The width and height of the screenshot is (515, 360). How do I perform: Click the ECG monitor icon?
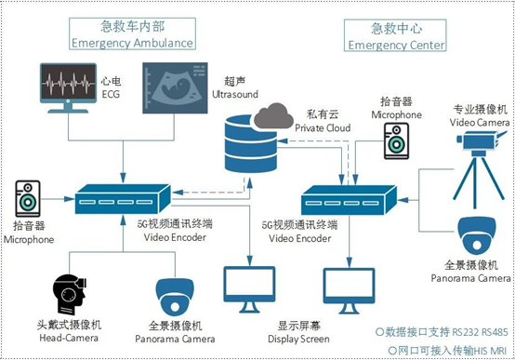pos(68,87)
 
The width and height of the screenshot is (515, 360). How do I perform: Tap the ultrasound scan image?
pos(175,87)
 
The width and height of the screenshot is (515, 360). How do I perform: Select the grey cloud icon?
pos(273,115)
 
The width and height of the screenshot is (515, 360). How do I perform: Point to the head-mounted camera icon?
pos(70,295)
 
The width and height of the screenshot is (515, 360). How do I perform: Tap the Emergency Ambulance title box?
pos(132,33)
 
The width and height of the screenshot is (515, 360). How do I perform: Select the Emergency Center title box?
pos(395,35)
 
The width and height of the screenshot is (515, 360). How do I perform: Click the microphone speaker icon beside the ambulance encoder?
pos(28,198)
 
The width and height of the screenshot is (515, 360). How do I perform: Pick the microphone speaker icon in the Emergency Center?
pos(396,141)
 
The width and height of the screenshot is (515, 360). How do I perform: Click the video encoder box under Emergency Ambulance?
pos(123,199)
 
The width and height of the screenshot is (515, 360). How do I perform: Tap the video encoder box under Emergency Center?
pos(350,200)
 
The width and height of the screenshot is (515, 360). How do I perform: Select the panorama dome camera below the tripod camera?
pos(477,235)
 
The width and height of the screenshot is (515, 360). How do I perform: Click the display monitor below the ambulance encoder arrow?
pos(249,289)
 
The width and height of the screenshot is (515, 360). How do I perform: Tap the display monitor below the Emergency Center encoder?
pos(349,291)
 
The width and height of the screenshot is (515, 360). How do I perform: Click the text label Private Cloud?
pos(323,127)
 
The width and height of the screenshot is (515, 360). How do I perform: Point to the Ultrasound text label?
pos(235,94)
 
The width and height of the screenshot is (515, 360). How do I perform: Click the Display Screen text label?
pos(298,339)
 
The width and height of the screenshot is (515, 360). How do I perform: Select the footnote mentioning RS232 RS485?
pos(442,332)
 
